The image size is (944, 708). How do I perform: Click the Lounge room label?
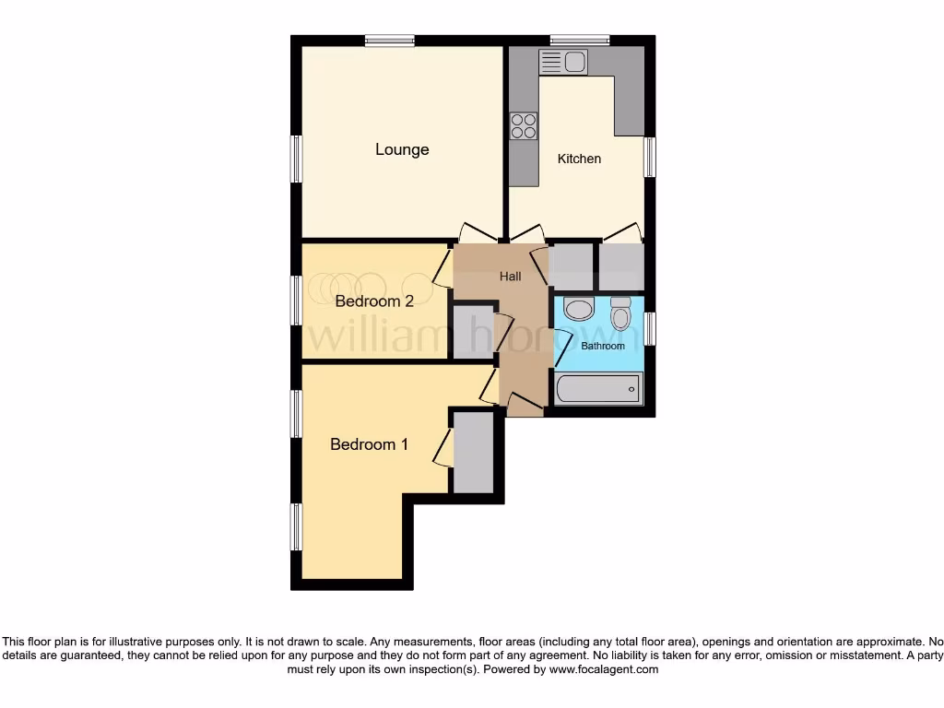tap(402, 149)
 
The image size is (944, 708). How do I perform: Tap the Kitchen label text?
tap(579, 159)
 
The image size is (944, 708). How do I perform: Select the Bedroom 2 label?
tap(373, 301)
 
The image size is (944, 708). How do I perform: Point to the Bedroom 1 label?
tap(369, 444)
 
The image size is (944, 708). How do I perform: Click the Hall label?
tap(511, 276)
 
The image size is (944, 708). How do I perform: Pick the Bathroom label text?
tap(602, 346)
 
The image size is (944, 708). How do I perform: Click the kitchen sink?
tap(563, 62)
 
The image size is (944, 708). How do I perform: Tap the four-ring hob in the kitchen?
tap(524, 125)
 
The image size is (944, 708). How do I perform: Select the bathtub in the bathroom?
tap(597, 389)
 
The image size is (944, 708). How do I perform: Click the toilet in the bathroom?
tap(620, 313)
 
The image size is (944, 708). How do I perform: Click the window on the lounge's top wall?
tap(388, 40)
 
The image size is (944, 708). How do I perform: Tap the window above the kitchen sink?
tap(580, 40)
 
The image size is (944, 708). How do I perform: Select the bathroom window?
tap(650, 328)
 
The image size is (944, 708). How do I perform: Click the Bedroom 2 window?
tap(297, 301)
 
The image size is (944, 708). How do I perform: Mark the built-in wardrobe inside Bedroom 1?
tap(475, 453)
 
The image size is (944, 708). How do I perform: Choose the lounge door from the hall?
tap(478, 233)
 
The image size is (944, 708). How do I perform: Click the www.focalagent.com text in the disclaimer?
tap(603, 669)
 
